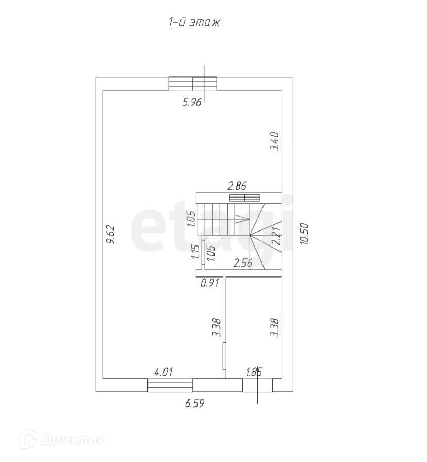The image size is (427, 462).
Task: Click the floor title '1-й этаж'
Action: [194, 22]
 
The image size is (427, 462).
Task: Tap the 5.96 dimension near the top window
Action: [192, 102]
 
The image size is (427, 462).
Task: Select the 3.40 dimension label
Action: [275, 142]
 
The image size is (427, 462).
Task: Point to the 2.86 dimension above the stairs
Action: [237, 186]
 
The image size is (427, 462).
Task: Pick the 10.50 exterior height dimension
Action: [304, 234]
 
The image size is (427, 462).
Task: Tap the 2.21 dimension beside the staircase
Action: [276, 236]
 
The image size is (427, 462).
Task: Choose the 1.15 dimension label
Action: [195, 251]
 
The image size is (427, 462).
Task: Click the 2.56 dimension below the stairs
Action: [242, 263]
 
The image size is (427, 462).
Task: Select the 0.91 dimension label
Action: [210, 283]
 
